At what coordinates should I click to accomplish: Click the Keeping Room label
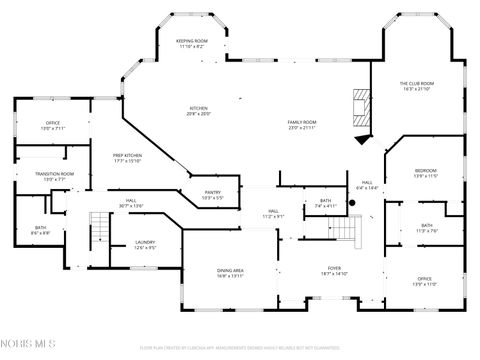(x=191, y=43)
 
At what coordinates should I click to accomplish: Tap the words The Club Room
(x=416, y=86)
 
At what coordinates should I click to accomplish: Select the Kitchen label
(x=199, y=111)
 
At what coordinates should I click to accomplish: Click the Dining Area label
(x=231, y=272)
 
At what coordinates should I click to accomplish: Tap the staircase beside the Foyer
(x=345, y=232)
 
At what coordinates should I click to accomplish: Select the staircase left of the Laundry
(x=98, y=232)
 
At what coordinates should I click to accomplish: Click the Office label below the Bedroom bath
(x=425, y=282)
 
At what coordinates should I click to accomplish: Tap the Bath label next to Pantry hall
(x=325, y=203)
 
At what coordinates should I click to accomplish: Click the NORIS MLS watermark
(x=29, y=346)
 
